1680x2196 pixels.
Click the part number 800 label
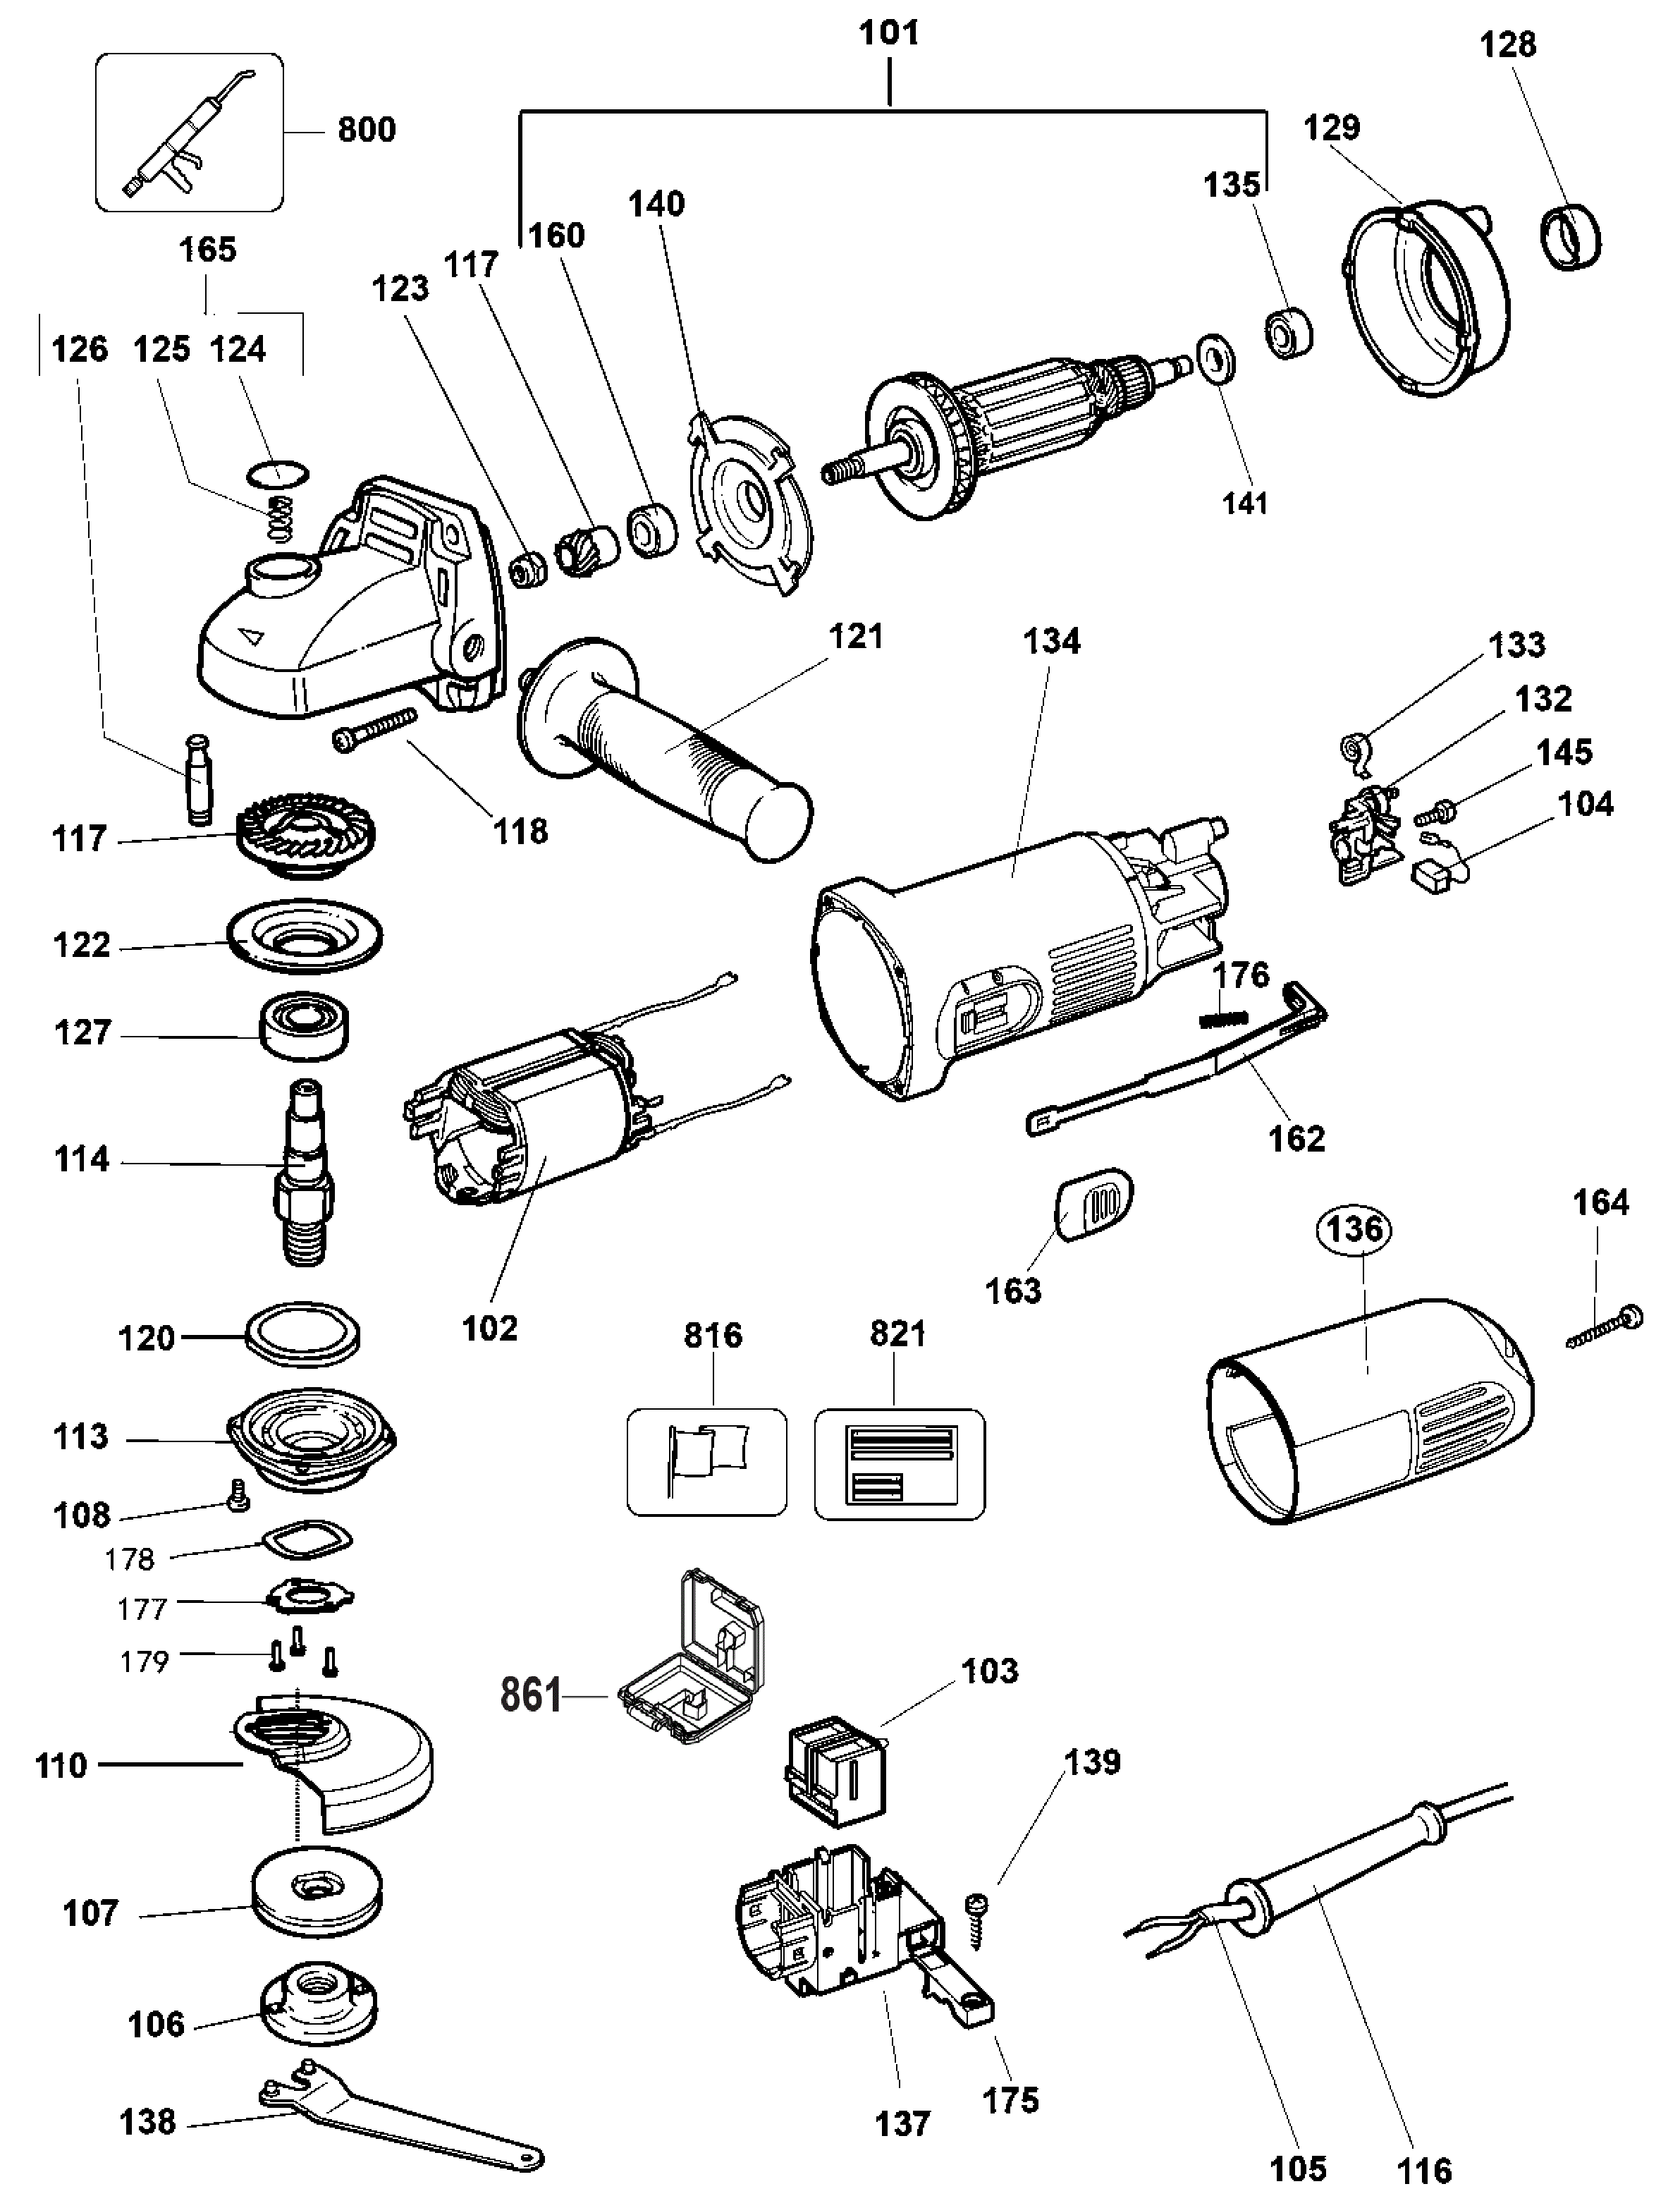[366, 129]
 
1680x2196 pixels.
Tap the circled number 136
[1355, 1229]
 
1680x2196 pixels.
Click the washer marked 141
[1215, 357]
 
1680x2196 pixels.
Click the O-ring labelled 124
[277, 474]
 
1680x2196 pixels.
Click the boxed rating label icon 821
[899, 1465]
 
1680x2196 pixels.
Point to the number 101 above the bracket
[889, 33]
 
